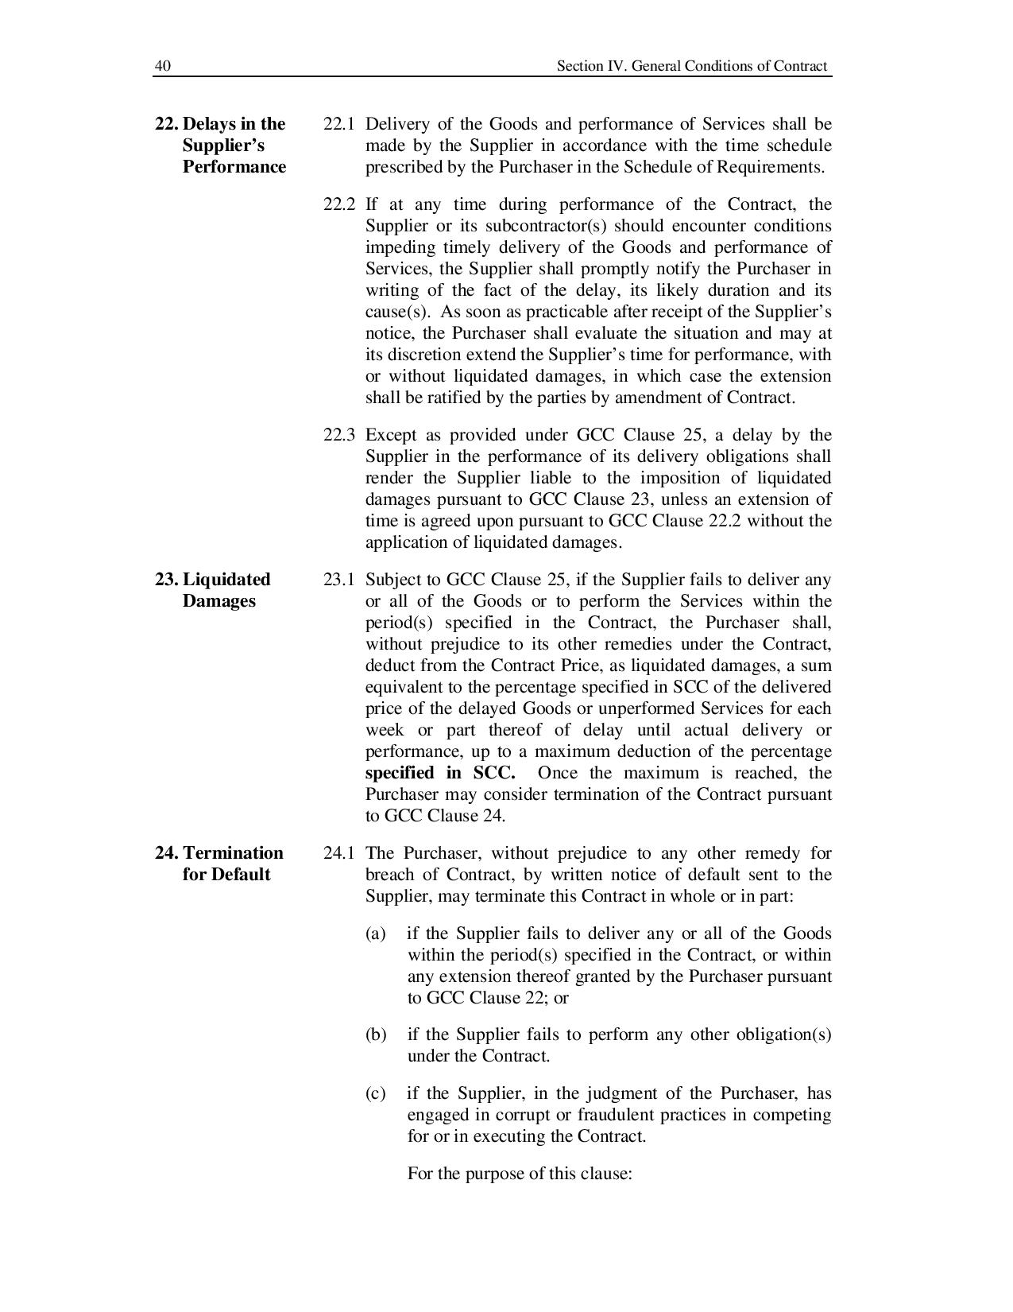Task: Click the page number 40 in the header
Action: pos(162,66)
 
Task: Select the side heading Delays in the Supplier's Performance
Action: pos(221,145)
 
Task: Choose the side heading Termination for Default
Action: pos(219,863)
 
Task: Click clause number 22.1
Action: pos(338,124)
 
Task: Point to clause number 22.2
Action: pos(338,204)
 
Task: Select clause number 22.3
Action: pos(338,435)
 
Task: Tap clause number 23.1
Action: pos(338,579)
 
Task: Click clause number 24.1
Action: pos(338,853)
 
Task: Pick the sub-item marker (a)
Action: pos(375,934)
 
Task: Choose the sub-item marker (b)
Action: pos(375,1034)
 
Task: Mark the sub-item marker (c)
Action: pos(375,1093)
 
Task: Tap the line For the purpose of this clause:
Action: pos(519,1174)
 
